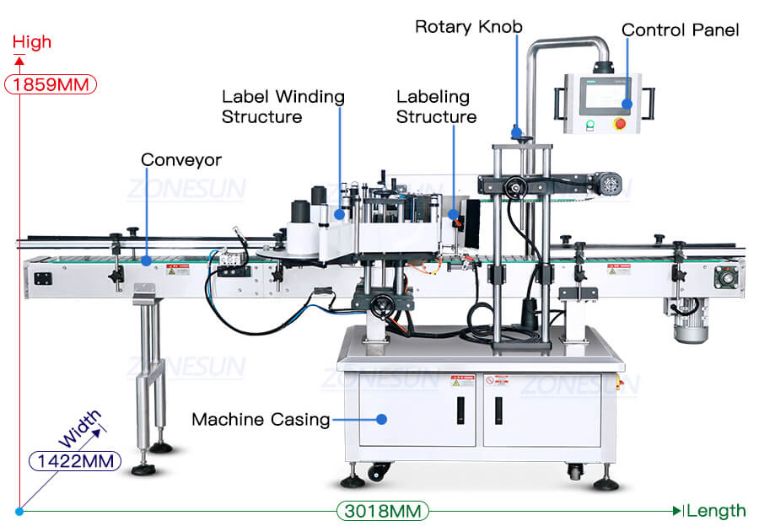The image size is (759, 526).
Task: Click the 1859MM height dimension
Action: [x=51, y=84]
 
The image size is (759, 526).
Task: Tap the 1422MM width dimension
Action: [x=75, y=460]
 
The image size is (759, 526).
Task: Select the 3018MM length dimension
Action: [x=383, y=511]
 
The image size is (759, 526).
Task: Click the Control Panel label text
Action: [x=680, y=30]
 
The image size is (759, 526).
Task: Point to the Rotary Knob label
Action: [x=468, y=26]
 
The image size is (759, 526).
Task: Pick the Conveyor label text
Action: [x=180, y=159]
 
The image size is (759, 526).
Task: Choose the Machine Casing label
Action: [x=260, y=419]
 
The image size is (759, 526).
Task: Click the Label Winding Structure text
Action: [x=283, y=106]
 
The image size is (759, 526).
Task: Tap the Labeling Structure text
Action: [x=436, y=107]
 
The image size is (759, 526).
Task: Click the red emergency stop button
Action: [x=622, y=124]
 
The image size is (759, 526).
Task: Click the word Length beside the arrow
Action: [x=717, y=511]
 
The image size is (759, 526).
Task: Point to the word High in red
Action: [x=32, y=41]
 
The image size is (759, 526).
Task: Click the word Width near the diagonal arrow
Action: [x=80, y=429]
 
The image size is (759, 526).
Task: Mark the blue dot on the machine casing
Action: [x=381, y=418]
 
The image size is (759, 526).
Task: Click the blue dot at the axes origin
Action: [x=19, y=511]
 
